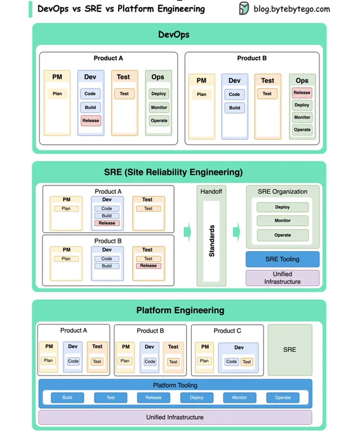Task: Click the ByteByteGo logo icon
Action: point(244,8)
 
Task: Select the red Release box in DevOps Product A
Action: point(91,121)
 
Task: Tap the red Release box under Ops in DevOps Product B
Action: point(302,93)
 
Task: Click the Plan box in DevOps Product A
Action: point(57,93)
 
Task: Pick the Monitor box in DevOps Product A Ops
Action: point(159,107)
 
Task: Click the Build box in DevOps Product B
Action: point(235,108)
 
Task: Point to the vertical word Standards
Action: point(211,241)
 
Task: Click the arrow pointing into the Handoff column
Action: point(187,232)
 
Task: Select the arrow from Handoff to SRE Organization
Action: point(236,232)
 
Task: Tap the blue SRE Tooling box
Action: point(283,259)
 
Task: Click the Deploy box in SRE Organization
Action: point(283,207)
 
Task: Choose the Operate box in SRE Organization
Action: point(283,235)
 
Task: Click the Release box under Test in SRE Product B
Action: point(149,266)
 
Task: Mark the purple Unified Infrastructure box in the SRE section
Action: point(283,278)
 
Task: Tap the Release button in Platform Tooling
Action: point(154,398)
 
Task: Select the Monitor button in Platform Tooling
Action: point(239,398)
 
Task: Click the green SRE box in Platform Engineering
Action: point(290,350)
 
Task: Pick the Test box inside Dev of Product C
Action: point(247,361)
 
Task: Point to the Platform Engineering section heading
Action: point(180,310)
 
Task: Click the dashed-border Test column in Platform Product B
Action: point(173,358)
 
